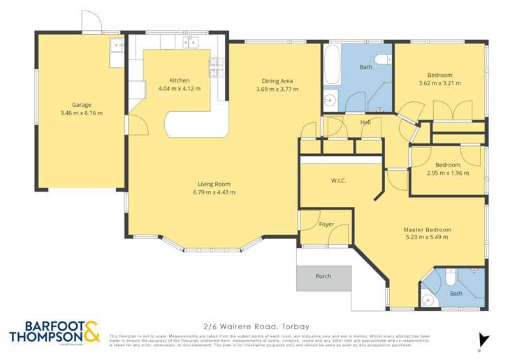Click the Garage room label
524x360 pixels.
[82, 104]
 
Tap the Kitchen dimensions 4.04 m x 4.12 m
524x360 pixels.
[179, 89]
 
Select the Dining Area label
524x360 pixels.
[277, 80]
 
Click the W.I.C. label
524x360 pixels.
[339, 181]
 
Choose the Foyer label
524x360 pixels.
[327, 224]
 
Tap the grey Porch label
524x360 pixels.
[323, 276]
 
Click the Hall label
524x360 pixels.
[365, 122]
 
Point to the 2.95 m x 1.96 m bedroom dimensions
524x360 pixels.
[448, 173]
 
